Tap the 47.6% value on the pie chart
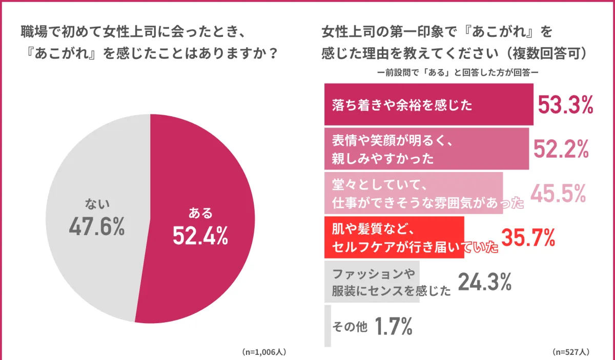[96, 227]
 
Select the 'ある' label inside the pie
[200, 213]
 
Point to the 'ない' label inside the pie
[97, 205]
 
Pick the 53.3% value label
[565, 105]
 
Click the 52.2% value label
[561, 149]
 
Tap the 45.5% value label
[558, 193]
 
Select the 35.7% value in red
[528, 237]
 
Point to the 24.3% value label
[484, 281]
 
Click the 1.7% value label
[393, 326]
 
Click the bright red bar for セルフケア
[394, 237]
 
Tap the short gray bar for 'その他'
[327, 326]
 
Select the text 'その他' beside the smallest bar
[350, 326]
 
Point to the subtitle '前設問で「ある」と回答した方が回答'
[457, 73]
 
